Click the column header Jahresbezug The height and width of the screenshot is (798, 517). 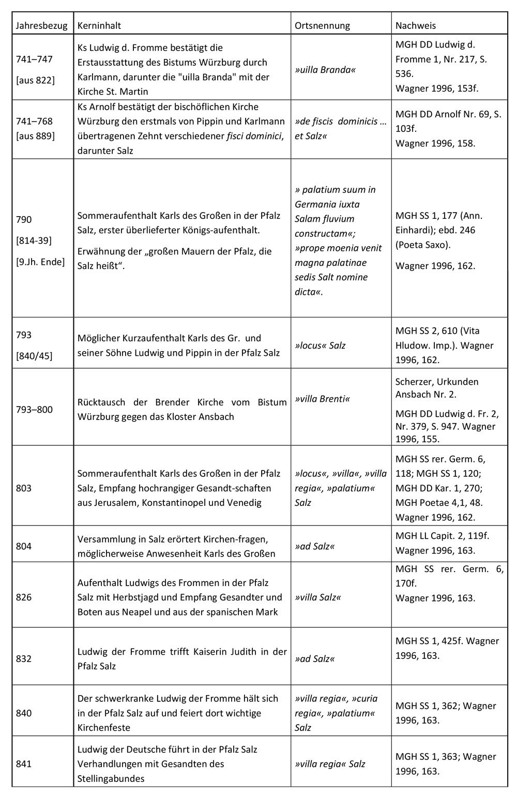click(x=41, y=25)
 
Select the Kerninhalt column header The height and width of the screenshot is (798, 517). click(x=99, y=25)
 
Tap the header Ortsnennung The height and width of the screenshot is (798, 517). click(x=322, y=25)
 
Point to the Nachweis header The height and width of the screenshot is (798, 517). click(x=415, y=25)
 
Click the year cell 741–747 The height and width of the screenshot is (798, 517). click(x=34, y=59)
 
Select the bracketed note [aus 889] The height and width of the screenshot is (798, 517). click(x=35, y=136)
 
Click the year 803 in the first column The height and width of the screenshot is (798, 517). click(x=24, y=488)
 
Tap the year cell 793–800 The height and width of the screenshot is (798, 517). click(x=34, y=410)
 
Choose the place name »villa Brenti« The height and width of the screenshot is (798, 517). click(x=322, y=399)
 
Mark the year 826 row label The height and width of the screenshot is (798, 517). click(x=24, y=597)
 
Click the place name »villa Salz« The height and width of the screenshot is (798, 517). click(x=317, y=597)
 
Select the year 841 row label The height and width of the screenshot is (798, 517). click(x=24, y=764)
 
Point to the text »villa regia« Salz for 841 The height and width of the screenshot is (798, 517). click(x=330, y=764)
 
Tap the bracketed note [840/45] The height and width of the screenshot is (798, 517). click(x=34, y=356)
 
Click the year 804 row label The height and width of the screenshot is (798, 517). click(x=24, y=546)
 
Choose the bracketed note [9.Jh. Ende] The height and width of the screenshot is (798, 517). click(x=40, y=262)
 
